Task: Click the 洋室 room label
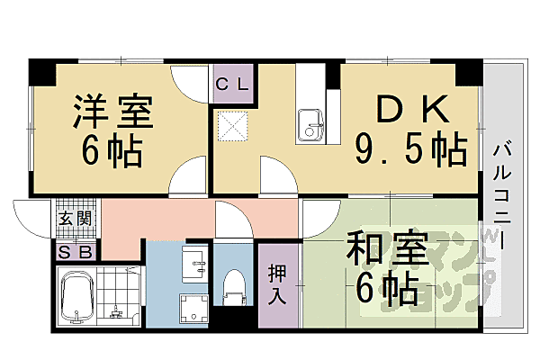113,112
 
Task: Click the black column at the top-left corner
41,68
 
